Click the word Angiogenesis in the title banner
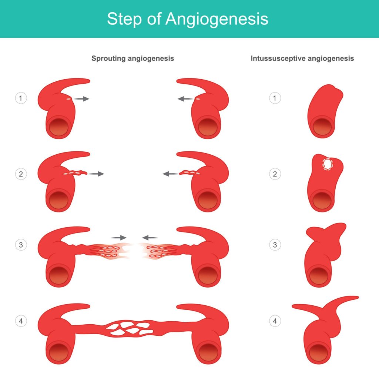coord(217,19)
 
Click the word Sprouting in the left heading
coord(108,58)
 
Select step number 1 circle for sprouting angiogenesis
coord(21,98)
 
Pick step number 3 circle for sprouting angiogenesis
coord(21,245)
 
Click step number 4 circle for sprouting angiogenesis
coord(21,321)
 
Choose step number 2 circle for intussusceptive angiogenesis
coord(275,174)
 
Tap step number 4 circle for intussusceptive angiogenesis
coord(275,321)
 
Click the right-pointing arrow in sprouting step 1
coord(81,98)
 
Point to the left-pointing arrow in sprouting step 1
coord(185,98)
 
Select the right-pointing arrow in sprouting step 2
coord(96,174)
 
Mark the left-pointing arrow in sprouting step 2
coord(171,174)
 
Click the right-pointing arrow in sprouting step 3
coord(119,238)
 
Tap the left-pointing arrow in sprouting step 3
coord(150,238)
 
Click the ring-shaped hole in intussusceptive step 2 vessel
coord(328,164)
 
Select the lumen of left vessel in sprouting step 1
coord(58,127)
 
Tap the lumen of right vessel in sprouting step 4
coord(208,352)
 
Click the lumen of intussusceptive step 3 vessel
coord(319,276)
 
